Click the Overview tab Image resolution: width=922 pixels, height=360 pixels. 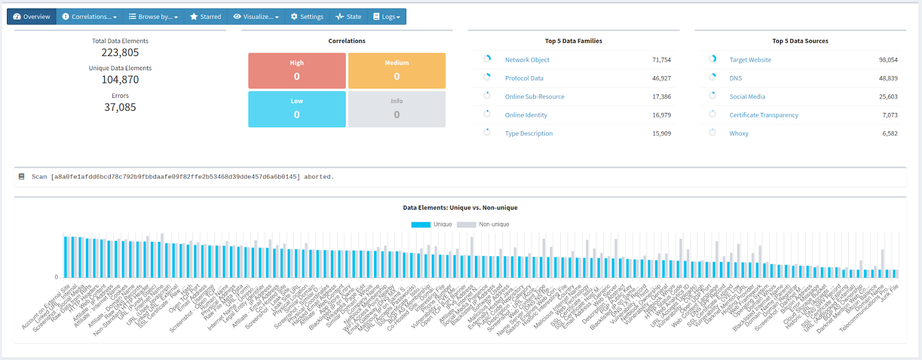32,17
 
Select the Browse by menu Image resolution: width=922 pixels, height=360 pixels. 153,17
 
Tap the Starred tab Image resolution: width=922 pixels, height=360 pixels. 206,17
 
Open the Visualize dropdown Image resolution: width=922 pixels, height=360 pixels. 256,17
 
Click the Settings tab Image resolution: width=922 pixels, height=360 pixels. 307,17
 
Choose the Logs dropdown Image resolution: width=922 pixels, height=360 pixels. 387,17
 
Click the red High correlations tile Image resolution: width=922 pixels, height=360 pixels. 297,71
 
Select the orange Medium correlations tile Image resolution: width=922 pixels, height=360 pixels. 396,71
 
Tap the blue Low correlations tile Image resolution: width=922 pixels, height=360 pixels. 297,109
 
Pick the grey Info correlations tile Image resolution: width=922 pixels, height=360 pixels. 396,109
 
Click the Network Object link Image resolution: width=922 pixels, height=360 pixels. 527,60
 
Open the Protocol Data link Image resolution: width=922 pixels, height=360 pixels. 524,78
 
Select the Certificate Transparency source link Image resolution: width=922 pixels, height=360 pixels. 764,115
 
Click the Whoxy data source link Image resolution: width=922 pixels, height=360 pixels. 739,134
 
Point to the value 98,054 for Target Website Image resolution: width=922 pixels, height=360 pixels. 888,60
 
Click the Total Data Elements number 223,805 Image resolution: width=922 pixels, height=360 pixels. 120,52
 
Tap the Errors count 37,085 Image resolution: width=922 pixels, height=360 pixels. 120,107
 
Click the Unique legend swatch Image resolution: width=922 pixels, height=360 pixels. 421,225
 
